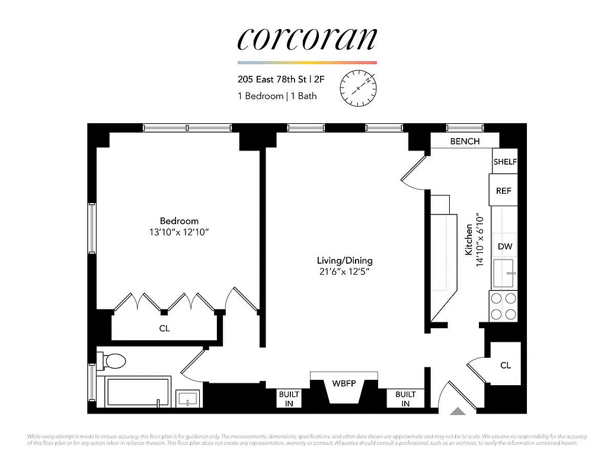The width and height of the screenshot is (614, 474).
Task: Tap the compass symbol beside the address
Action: [358, 87]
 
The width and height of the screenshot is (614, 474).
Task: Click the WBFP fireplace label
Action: [344, 383]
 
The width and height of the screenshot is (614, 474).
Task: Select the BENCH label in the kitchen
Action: [465, 142]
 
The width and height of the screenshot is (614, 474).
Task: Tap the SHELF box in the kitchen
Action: [505, 162]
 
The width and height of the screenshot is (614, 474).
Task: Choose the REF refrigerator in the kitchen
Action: [504, 191]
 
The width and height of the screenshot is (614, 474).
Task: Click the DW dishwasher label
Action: [504, 246]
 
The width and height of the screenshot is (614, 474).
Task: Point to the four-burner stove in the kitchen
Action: [503, 306]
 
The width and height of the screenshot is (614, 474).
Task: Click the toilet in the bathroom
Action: [114, 360]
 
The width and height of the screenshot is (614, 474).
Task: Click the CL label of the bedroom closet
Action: [164, 328]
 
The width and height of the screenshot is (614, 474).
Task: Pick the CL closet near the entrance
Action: [505, 366]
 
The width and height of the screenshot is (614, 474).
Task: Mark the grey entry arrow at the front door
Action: [458, 410]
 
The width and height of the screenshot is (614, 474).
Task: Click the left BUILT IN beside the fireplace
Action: [290, 398]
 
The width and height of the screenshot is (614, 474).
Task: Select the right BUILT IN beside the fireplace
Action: [405, 398]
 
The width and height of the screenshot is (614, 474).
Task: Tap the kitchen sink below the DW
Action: [504, 271]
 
